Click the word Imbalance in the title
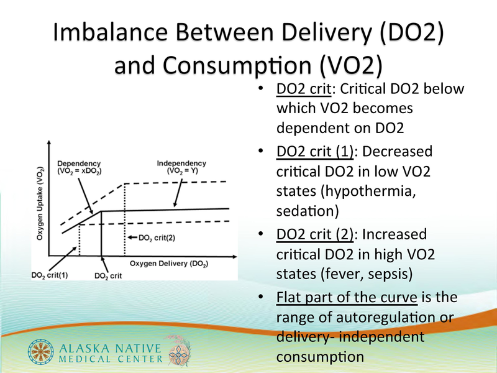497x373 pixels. pos(110,32)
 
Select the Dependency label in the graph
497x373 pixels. pos(79,167)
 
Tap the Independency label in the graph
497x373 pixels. pos(181,167)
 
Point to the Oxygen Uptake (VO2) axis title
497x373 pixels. pos(40,203)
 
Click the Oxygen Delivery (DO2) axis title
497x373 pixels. pos(169,264)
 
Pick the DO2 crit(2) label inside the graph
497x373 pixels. pos(157,238)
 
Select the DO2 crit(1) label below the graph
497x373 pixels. pos(50,275)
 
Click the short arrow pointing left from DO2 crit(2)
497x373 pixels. pos(132,237)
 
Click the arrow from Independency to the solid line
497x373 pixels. pos(178,193)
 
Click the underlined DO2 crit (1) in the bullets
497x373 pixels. pos(315,151)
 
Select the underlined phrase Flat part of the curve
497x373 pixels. pos(347,297)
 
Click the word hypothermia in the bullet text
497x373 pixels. pos(368,191)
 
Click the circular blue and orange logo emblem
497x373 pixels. pos(40,351)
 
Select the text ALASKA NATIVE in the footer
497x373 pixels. pos(110,348)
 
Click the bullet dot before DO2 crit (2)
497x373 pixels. pos(260,234)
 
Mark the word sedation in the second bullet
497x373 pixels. pos(308,211)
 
